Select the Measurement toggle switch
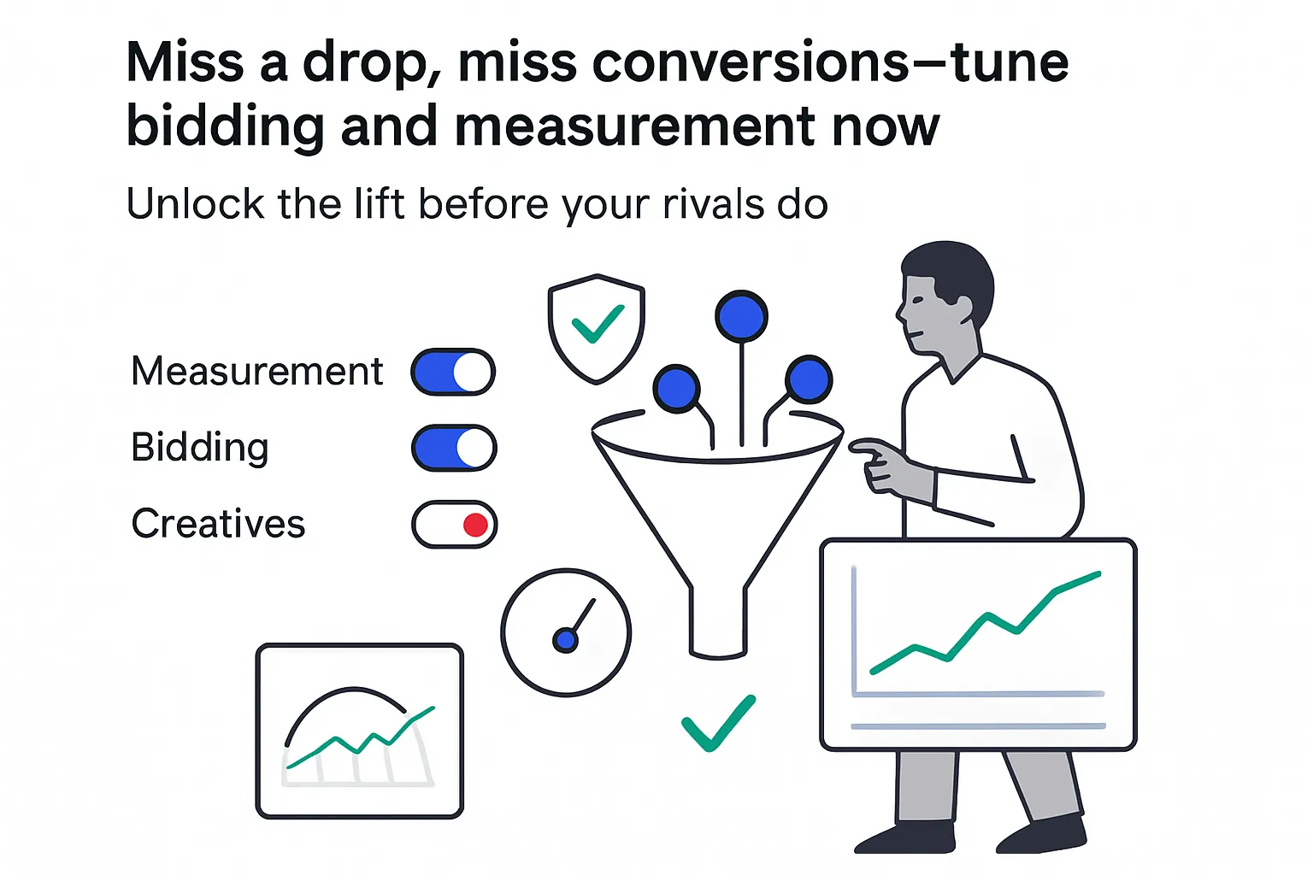[453, 372]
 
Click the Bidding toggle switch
[454, 448]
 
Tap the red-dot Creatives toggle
[454, 524]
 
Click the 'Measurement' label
[256, 372]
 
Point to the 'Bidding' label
[199, 448]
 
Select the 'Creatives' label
[218, 524]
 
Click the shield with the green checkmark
[596, 328]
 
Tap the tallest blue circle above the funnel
[741, 316]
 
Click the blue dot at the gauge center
[565, 639]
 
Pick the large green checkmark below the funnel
[718, 723]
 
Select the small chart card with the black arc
[359, 731]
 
